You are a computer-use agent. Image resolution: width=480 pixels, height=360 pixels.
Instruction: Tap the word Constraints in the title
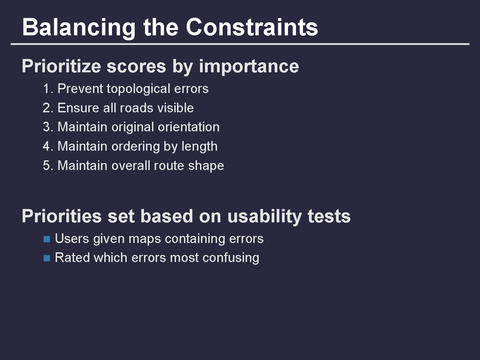tap(252, 27)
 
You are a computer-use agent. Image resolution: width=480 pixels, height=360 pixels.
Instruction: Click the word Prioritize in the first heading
tap(61, 66)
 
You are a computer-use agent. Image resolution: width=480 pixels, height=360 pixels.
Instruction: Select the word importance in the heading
tap(249, 67)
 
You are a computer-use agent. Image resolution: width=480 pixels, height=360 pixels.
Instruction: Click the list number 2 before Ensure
tap(48, 108)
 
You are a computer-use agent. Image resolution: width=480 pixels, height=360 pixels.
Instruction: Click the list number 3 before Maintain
tap(48, 127)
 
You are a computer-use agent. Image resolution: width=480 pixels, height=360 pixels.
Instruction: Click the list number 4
tap(48, 146)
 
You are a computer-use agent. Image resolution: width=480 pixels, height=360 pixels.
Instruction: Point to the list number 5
tap(48, 166)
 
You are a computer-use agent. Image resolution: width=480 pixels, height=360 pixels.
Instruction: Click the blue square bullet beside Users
tap(47, 239)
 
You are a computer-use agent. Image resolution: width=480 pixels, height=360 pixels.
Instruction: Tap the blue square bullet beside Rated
tap(47, 258)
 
